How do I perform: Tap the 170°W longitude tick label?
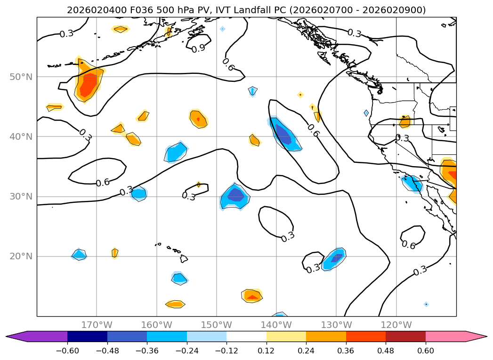point(97,325)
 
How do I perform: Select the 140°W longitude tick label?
point(276,325)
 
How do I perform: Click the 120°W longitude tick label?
point(396,325)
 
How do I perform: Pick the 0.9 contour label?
point(198,48)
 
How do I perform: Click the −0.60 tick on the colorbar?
point(67,350)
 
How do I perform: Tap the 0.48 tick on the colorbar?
point(386,350)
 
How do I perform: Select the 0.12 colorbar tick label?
point(267,350)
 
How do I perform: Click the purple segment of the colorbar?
point(42,336)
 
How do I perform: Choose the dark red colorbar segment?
point(405,336)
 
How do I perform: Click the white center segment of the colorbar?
point(246,336)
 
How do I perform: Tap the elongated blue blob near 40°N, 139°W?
point(285,134)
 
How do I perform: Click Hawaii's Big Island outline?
point(184,259)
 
